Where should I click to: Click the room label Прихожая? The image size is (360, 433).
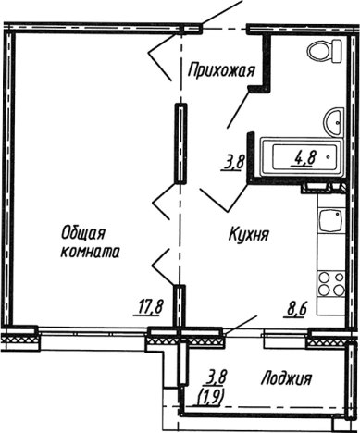[x=219, y=68]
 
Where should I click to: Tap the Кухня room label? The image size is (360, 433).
[x=248, y=235]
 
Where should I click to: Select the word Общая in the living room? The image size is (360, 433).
[x=83, y=232]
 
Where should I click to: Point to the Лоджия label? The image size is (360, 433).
[x=286, y=377]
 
